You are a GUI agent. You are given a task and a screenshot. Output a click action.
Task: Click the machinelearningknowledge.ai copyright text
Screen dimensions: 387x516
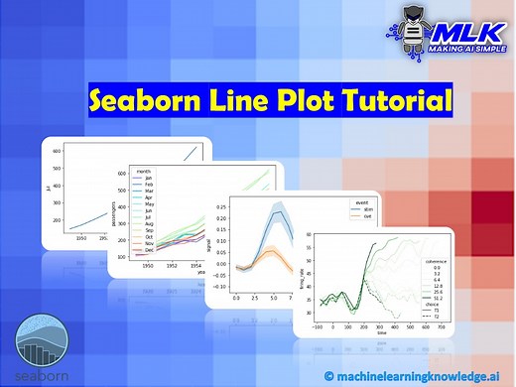point(416,374)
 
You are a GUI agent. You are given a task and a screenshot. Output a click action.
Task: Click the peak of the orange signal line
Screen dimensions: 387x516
point(270,250)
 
